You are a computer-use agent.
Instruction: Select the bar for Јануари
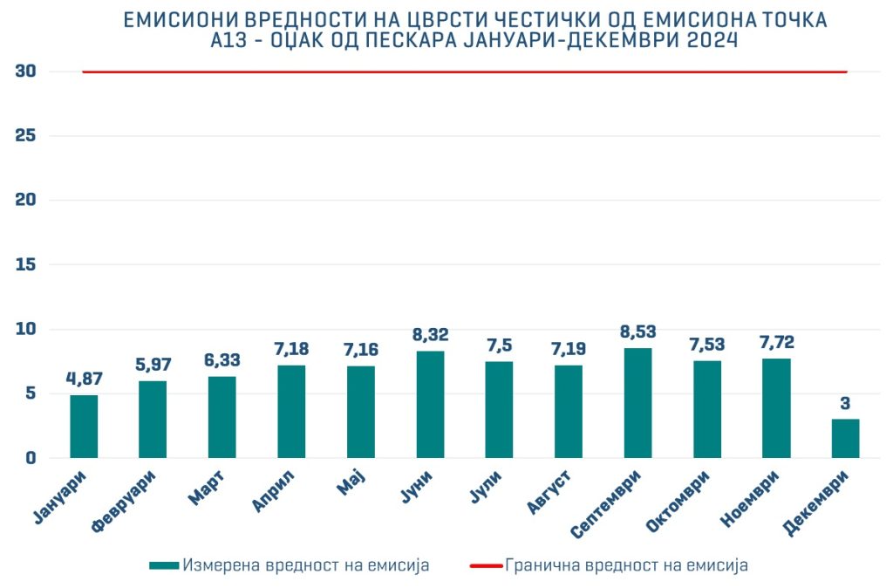point(84,427)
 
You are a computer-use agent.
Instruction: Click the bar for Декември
point(845,439)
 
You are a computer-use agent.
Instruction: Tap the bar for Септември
point(637,403)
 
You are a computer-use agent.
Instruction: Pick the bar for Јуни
point(430,404)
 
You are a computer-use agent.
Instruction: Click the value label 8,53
point(637,332)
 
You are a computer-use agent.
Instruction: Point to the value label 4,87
point(84,379)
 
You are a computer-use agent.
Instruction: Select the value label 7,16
point(360,350)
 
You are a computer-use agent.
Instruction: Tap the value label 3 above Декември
point(845,403)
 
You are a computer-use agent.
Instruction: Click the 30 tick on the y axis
point(25,72)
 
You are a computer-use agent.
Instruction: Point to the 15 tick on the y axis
point(25,264)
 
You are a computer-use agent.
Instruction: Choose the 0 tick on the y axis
point(31,458)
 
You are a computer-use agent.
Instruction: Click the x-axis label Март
point(208,486)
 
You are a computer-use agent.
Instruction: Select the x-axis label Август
point(549,492)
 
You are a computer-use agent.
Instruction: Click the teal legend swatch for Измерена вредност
point(163,565)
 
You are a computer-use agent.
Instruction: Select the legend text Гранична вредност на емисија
point(626,565)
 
